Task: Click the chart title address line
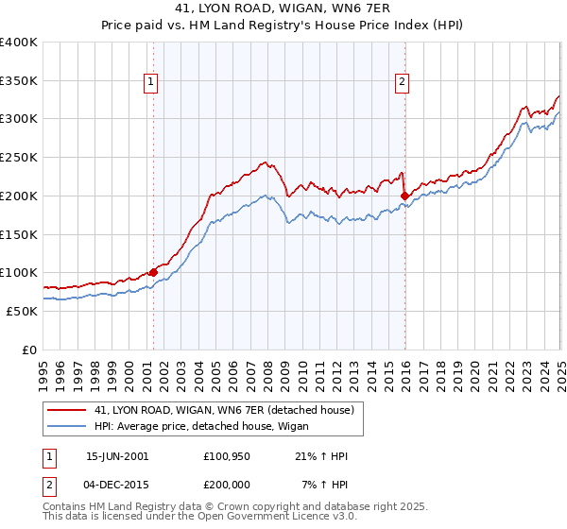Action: click(283, 8)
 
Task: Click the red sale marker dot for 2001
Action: click(153, 272)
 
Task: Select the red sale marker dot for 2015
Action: click(404, 196)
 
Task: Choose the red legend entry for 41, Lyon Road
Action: click(224, 409)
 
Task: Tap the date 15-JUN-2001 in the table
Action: click(117, 456)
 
